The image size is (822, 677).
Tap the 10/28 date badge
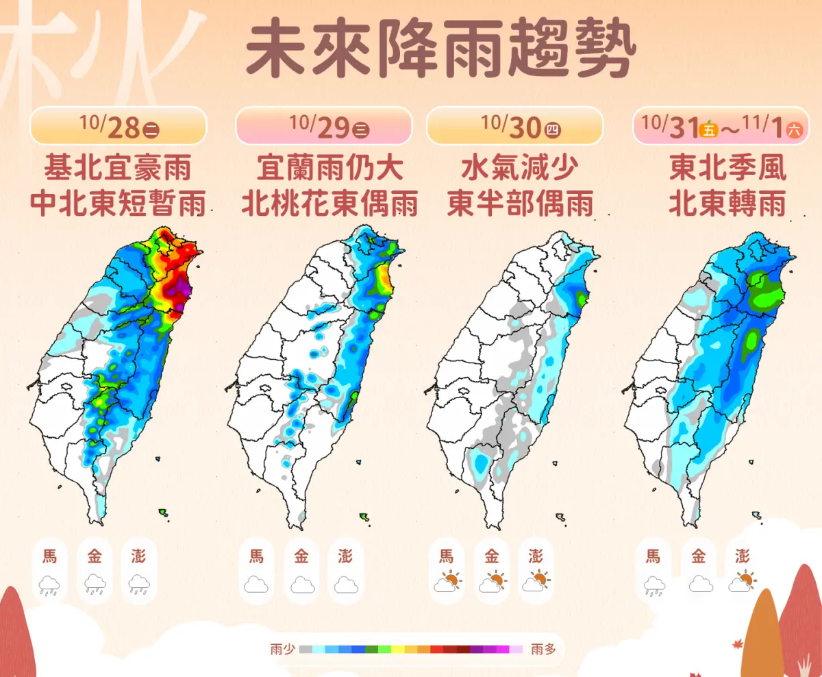point(118,126)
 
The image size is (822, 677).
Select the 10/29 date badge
point(323,126)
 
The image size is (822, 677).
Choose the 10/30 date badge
point(514,126)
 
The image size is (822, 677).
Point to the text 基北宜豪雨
point(117,167)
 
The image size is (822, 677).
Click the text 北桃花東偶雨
point(329,203)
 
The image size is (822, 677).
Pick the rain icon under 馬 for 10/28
point(50,584)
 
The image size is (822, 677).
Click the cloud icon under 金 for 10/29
point(302,584)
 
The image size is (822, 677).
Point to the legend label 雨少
point(282,649)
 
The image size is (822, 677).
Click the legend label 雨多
point(543,649)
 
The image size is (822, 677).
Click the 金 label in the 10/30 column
point(491,556)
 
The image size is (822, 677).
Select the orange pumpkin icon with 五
point(709,128)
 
